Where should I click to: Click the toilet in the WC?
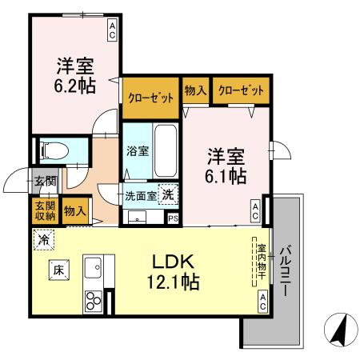pyautogui.click(x=54, y=151)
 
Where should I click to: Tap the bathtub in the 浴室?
pyautogui.click(x=166, y=151)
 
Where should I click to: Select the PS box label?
pyautogui.click(x=174, y=218)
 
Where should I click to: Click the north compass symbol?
pyautogui.click(x=341, y=330)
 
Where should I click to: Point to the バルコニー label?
pyautogui.click(x=286, y=270)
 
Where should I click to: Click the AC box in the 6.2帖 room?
pyautogui.click(x=112, y=31)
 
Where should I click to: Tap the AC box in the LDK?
pyautogui.click(x=262, y=302)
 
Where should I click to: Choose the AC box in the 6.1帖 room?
pyautogui.click(x=255, y=211)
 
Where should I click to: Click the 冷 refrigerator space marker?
pyautogui.click(x=44, y=240)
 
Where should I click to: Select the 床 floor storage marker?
pyautogui.click(x=59, y=270)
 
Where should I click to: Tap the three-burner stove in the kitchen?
pyautogui.click(x=93, y=301)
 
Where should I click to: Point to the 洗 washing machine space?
pyautogui.click(x=168, y=194)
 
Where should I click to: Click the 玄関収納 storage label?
pyautogui.click(x=46, y=210)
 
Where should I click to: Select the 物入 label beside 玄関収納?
pyautogui.click(x=75, y=211)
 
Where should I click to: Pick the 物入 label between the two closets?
pyautogui.click(x=196, y=90)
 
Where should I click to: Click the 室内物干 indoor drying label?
pyautogui.click(x=262, y=262)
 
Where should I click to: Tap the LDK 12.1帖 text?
pyautogui.click(x=173, y=272)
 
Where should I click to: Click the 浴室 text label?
pyautogui.click(x=138, y=151)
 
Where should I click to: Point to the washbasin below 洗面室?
pyautogui.click(x=137, y=217)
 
